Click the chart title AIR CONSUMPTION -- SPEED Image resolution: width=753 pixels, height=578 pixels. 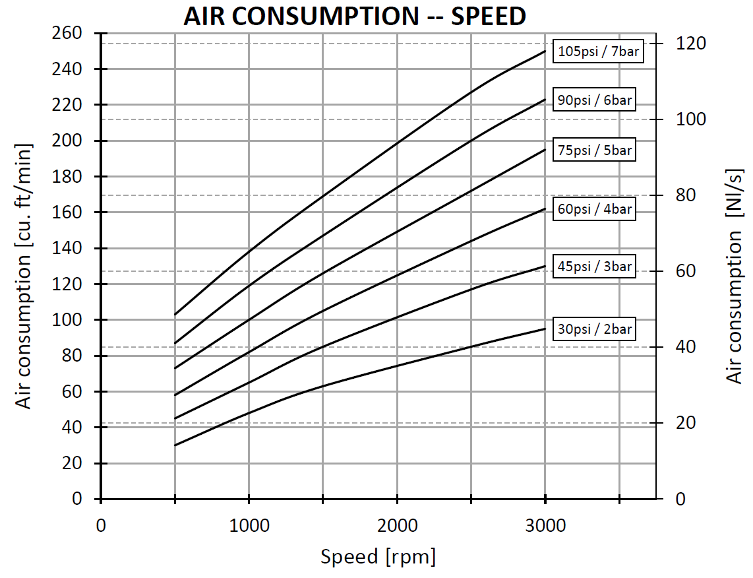354,16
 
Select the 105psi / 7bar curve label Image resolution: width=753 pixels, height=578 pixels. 598,51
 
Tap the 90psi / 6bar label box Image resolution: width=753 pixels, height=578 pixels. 595,101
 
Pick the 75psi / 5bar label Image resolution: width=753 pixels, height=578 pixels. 595,150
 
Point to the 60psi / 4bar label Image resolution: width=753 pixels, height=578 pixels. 595,210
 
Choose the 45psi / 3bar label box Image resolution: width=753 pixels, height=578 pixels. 595,267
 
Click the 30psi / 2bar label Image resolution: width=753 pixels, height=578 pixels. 595,329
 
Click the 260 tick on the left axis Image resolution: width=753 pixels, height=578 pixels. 68,33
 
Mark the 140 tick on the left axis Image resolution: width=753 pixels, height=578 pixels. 68,248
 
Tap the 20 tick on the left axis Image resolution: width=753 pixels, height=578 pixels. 73,463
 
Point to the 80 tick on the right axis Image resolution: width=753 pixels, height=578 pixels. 685,195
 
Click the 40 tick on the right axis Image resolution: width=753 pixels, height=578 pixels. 685,347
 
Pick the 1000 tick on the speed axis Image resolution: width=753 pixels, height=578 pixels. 248,525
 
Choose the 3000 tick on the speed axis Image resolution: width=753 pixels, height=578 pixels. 545,525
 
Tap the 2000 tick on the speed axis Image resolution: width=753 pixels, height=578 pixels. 396,525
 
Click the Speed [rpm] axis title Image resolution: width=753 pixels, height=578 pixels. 378,557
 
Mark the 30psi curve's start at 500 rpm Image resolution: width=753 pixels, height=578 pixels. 175,445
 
